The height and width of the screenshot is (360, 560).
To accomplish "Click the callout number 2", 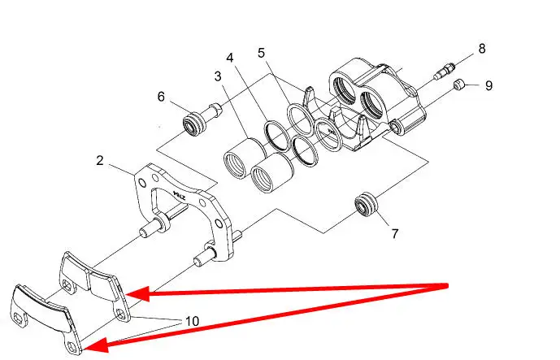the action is pos(100,160).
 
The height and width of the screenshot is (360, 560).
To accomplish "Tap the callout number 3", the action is pos(218,76).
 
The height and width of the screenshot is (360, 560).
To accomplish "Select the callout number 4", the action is pos(230,58).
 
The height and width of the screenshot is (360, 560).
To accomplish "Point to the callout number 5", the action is pos(262,53).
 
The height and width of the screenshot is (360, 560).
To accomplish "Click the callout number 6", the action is pos(162,97).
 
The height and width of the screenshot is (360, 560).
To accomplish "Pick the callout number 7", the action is pos(395,233).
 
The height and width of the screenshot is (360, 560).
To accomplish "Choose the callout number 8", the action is pos(482,48).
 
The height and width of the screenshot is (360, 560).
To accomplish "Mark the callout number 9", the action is pos(488,85).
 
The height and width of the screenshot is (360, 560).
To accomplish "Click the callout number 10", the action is pos(192,322).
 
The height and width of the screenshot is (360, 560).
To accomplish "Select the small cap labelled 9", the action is pos(458,85).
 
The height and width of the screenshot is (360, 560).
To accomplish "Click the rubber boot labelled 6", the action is pos(194,124).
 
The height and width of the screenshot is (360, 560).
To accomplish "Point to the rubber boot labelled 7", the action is pos(366,205).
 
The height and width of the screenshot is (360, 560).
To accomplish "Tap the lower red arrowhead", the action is pos(96,345).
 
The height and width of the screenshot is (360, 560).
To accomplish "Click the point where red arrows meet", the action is pos(446,286).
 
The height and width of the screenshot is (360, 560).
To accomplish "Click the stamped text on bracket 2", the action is pos(180,195).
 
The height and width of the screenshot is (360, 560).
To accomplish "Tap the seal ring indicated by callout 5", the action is pos(301,119).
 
